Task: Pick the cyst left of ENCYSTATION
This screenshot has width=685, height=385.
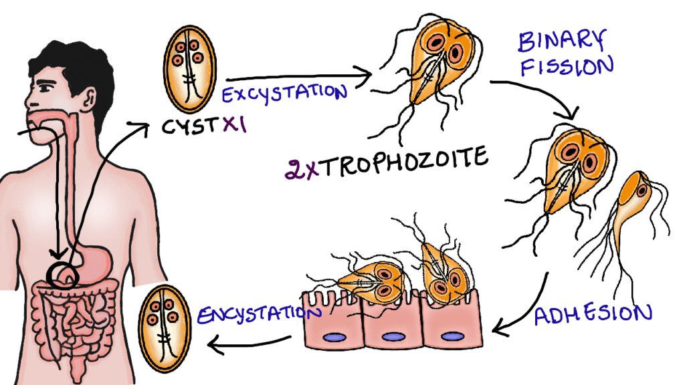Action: pyautogui.click(x=163, y=321)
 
